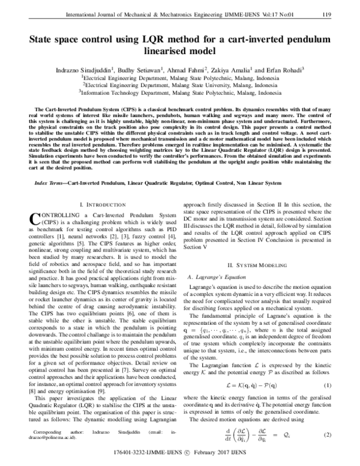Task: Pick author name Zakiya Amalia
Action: point(230,69)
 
